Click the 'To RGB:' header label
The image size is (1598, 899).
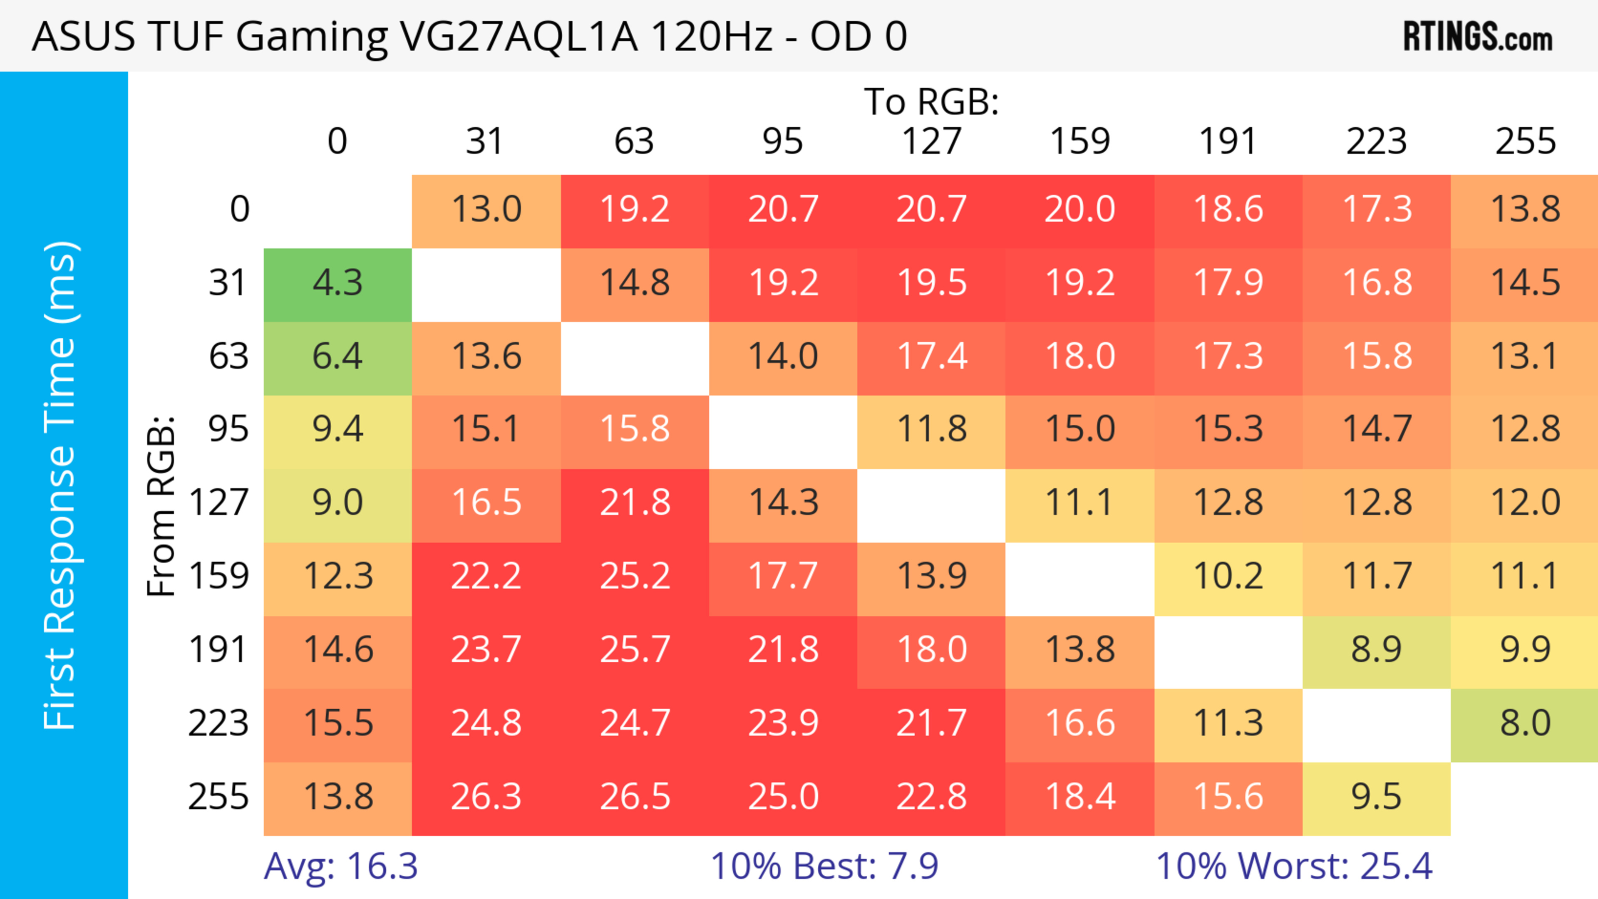[x=931, y=102]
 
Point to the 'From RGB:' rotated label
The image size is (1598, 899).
[x=161, y=506]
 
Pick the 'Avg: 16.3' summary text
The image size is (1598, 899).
[x=340, y=866]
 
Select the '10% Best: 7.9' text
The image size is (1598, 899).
[x=824, y=866]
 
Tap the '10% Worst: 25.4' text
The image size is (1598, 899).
[x=1294, y=866]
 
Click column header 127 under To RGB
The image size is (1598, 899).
[x=931, y=141]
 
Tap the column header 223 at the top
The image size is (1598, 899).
[x=1377, y=141]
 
